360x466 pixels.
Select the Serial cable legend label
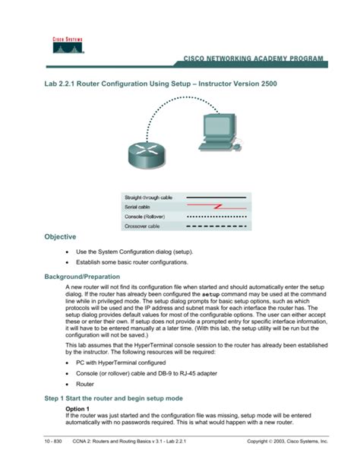[x=141, y=206]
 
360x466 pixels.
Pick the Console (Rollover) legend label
[x=148, y=215]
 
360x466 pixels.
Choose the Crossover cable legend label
[x=144, y=224]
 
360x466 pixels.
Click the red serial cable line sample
[x=216, y=206]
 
